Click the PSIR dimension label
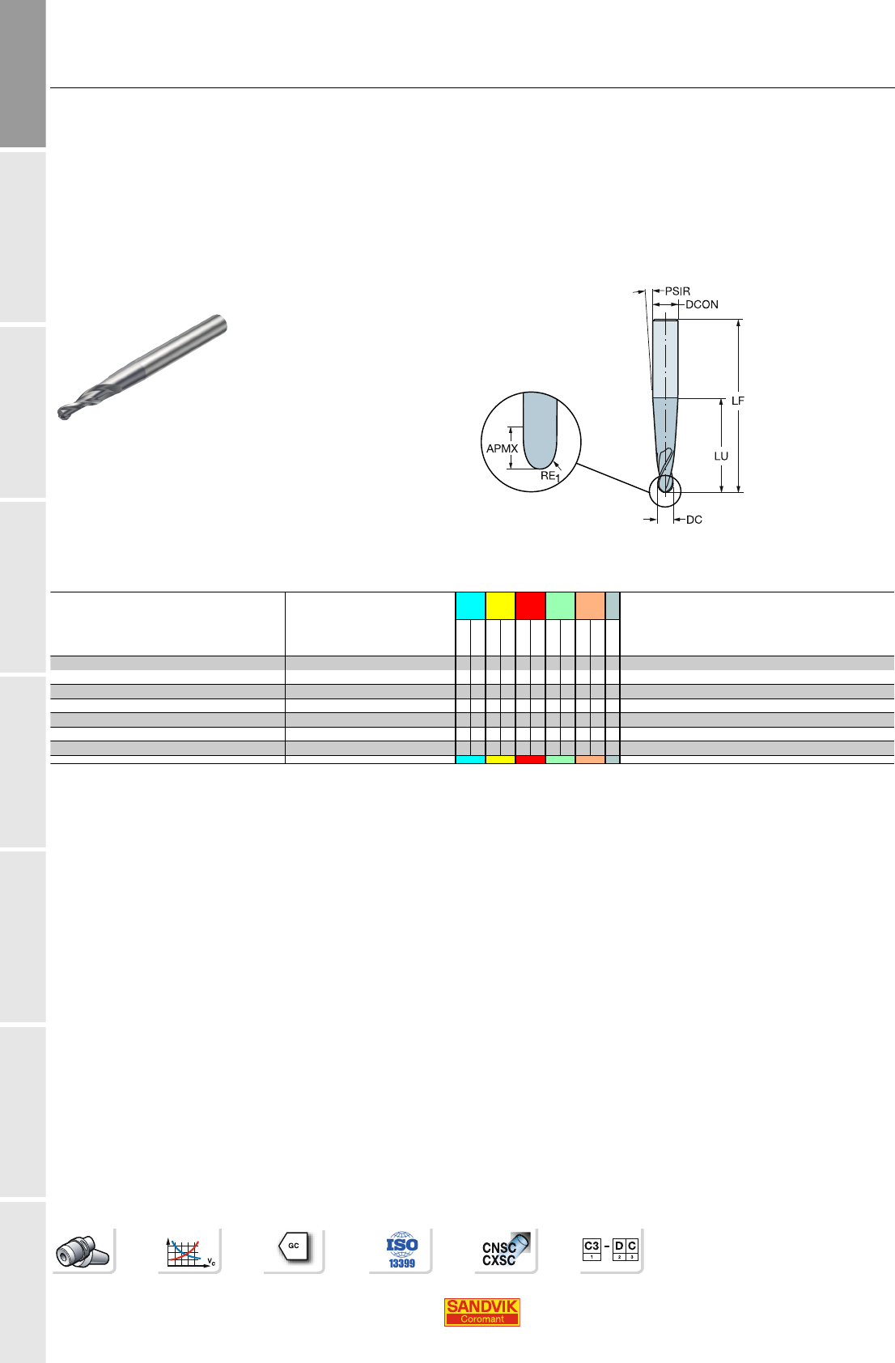[x=677, y=291]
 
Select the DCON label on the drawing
[x=702, y=304]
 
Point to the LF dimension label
[x=737, y=401]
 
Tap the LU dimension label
[x=721, y=456]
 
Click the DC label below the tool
[x=694, y=520]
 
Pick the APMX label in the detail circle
[x=502, y=448]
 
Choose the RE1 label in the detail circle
[x=550, y=477]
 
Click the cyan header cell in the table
[x=470, y=605]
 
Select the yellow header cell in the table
[x=500, y=605]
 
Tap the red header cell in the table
[x=530, y=605]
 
